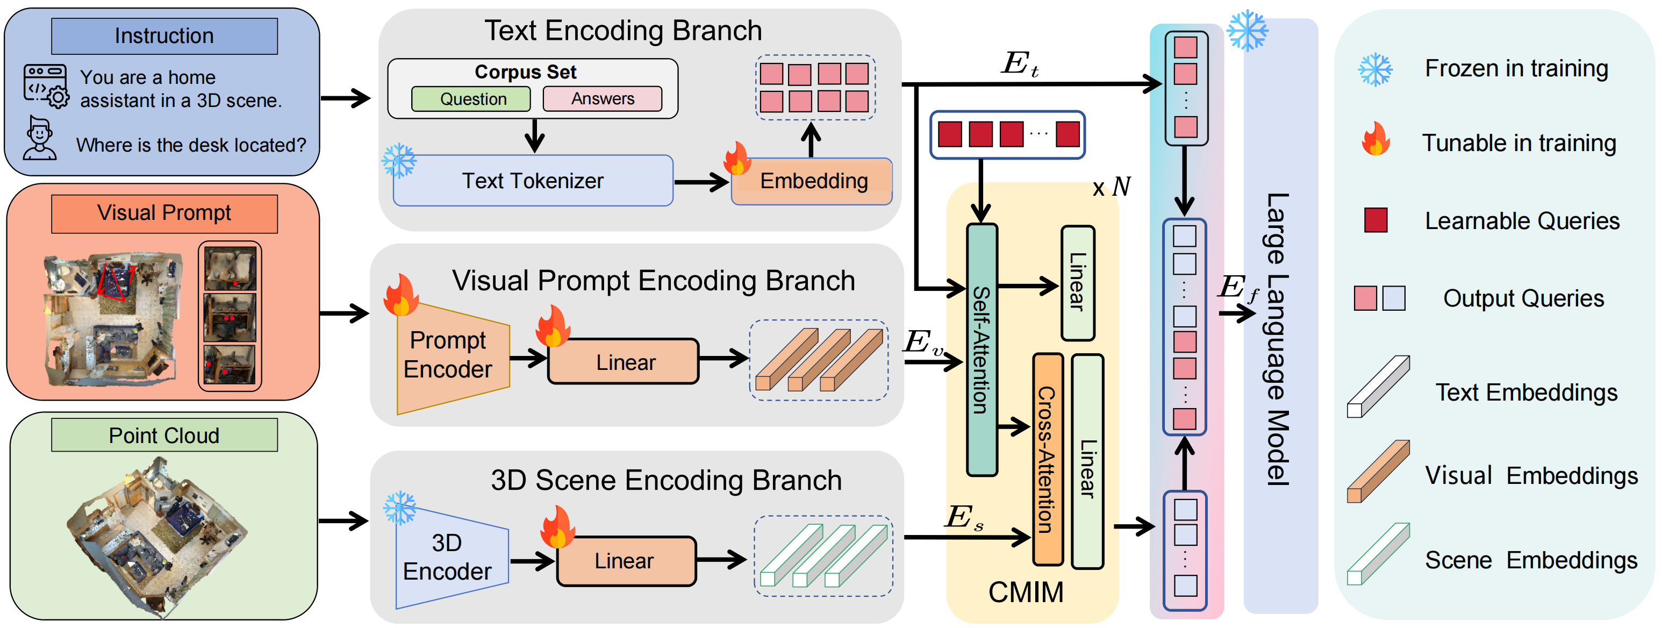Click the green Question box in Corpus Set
[471, 99]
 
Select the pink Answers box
[603, 99]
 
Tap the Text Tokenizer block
[533, 181]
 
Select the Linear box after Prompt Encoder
[624, 361]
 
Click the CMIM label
[1026, 592]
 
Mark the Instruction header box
[164, 36]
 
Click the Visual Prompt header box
[164, 213]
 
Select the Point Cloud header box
[164, 435]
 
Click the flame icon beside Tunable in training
[1376, 139]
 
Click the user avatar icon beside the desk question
[39, 138]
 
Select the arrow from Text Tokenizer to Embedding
[702, 182]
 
